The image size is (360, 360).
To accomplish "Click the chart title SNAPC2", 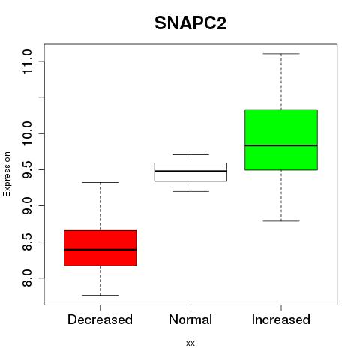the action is click(x=190, y=23).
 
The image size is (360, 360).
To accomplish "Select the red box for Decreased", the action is click(x=100, y=248).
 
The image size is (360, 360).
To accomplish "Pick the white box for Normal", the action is click(x=190, y=172).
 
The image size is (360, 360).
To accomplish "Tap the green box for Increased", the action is click(x=281, y=139).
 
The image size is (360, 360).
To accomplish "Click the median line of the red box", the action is click(x=100, y=250).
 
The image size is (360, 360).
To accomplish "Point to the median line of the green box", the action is click(x=281, y=145).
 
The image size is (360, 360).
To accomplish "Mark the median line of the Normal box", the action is click(x=190, y=171).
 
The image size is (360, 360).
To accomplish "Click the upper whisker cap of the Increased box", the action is click(x=281, y=54).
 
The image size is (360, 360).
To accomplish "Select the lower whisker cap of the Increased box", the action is click(x=281, y=221).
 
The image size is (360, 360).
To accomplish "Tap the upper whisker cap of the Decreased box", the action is click(x=100, y=182).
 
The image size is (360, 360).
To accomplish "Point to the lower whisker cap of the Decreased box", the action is click(x=100, y=295).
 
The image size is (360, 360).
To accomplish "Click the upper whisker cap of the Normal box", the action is click(x=190, y=154).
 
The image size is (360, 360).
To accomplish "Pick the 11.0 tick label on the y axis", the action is click(x=27, y=61).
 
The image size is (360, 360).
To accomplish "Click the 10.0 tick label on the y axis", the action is click(x=27, y=133).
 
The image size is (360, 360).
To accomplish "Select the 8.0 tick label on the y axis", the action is click(x=27, y=278).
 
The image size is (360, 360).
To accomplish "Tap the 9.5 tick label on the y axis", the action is click(x=27, y=169).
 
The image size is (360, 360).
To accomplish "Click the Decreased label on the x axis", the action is click(x=100, y=319).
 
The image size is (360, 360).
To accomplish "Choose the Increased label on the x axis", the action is click(x=281, y=319).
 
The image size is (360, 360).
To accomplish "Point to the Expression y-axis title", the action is click(x=7, y=174).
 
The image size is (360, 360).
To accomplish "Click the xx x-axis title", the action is click(x=190, y=343).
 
